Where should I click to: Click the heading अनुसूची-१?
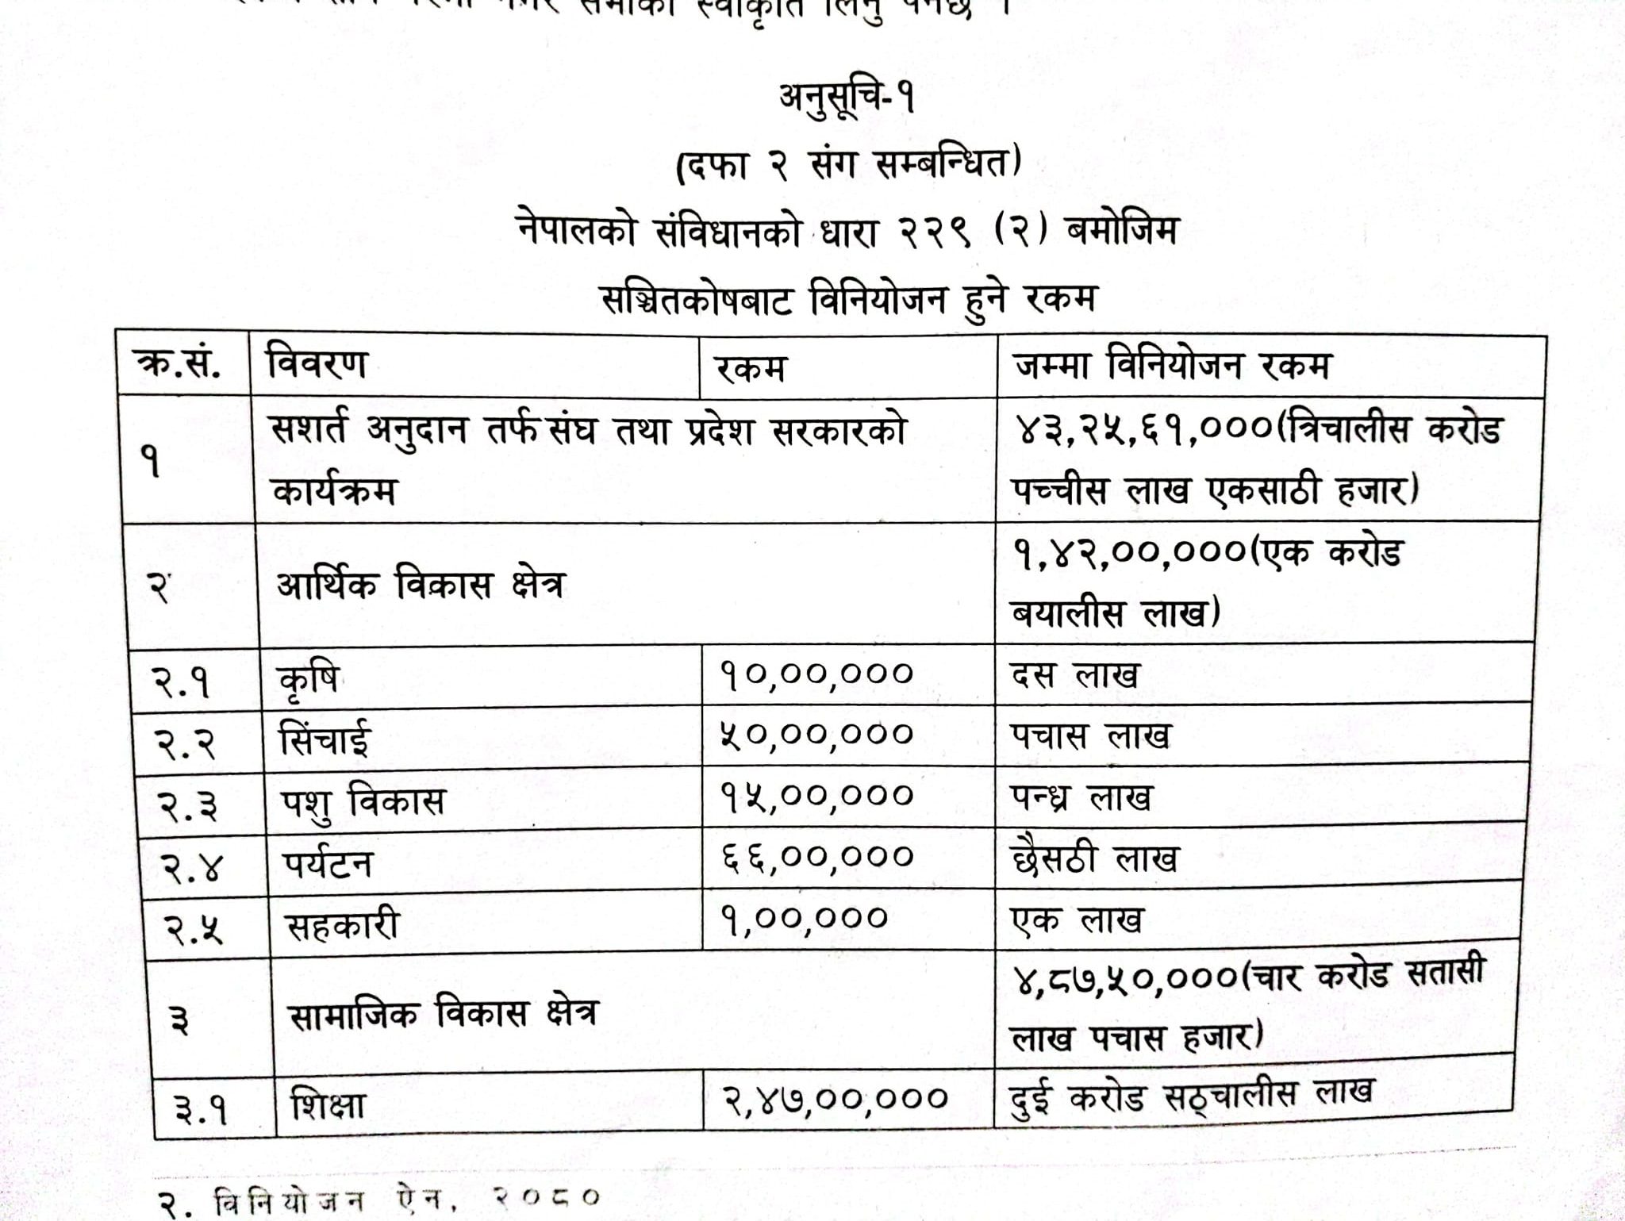click(x=847, y=101)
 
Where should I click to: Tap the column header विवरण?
click(x=317, y=364)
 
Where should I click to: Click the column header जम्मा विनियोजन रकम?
click(x=1173, y=366)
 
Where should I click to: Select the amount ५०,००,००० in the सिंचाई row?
click(x=817, y=734)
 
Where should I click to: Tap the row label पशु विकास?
click(x=363, y=802)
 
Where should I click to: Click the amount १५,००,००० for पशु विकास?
click(x=817, y=795)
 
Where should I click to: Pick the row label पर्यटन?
click(x=328, y=863)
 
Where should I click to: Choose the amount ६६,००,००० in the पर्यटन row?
click(x=817, y=857)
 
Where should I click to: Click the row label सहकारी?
click(x=342, y=925)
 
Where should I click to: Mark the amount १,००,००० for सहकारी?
click(x=804, y=918)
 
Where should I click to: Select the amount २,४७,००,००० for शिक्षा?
click(x=835, y=1098)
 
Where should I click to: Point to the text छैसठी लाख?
click(x=1095, y=859)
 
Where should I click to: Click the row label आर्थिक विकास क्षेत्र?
click(x=421, y=586)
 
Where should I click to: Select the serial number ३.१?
click(x=201, y=1109)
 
